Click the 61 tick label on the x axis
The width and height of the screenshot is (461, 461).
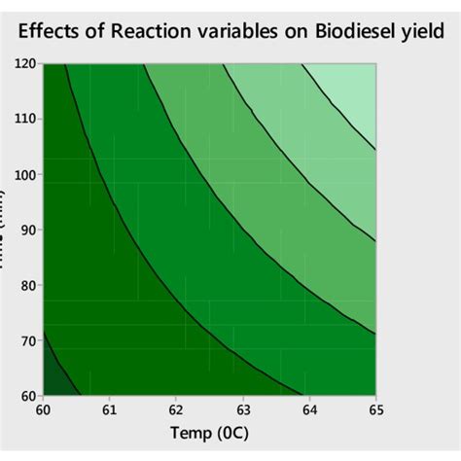coord(109,411)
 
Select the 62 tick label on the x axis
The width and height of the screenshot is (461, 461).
coord(176,411)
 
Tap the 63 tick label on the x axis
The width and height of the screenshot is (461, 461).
coord(242,411)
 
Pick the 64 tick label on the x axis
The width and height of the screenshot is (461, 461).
coord(309,411)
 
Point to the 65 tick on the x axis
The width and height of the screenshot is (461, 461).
coord(374,411)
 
